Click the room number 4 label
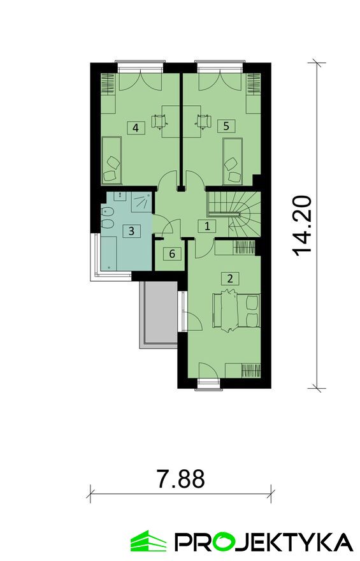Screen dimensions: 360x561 coord(136,127)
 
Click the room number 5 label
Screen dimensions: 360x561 coord(226,126)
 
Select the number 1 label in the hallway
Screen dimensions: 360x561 coord(207,226)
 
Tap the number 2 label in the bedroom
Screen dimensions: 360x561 coord(230,278)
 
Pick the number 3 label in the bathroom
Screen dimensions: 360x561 coord(131,231)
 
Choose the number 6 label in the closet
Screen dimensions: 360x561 coord(172,254)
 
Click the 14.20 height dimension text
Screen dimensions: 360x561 coord(303,226)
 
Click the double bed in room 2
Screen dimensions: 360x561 coord(236,310)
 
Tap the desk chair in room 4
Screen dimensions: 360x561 coord(159,120)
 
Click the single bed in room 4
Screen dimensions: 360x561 coord(112,161)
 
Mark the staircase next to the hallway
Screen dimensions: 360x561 coord(234,214)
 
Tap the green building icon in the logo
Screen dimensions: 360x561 coord(148,541)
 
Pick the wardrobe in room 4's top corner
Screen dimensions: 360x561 coord(108,83)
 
